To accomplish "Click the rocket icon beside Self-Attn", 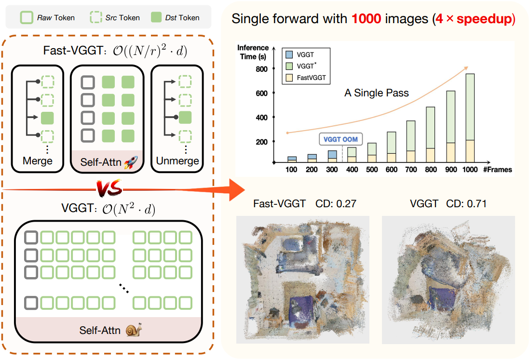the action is coord(131,162).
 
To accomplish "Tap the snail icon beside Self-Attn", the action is coord(134,330).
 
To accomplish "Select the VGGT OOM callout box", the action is coord(340,139).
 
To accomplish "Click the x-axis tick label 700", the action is coord(411,170).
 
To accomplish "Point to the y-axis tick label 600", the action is coord(261,93).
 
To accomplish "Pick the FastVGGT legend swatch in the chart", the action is coord(289,78).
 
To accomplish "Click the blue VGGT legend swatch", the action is coord(289,55).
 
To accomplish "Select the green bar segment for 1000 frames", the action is coord(470,107).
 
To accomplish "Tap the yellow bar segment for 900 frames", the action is coord(450,153).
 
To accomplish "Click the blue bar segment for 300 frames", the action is coord(332,155).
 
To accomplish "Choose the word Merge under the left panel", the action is coord(38,161).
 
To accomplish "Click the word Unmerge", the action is coord(177,161).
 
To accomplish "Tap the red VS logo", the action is coord(109,188).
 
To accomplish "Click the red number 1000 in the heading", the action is coord(366,19).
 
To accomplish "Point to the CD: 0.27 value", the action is coord(336,204).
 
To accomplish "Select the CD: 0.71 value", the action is coord(466,204).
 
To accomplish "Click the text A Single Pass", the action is coord(377,93).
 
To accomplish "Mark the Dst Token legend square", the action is coord(156,17).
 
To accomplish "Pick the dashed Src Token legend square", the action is coord(96,17).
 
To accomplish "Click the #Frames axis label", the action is coord(497,170).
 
